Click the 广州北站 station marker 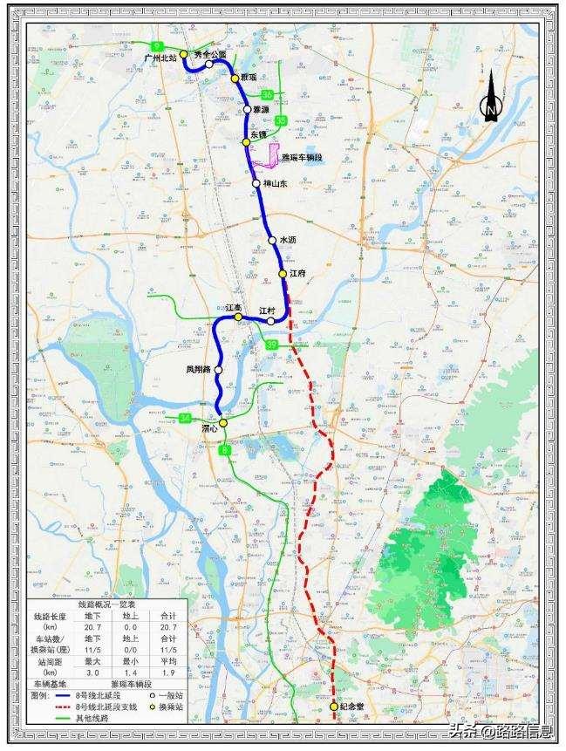(x=184, y=53)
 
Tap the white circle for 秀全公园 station (x=209, y=64)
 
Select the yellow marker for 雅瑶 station (x=235, y=79)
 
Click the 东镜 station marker (x=246, y=141)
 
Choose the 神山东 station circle (x=256, y=183)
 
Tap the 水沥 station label (x=289, y=240)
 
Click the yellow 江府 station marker (x=283, y=274)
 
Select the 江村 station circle (x=271, y=321)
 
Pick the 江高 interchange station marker (x=237, y=317)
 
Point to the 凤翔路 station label (x=198, y=369)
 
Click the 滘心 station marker (x=223, y=423)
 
